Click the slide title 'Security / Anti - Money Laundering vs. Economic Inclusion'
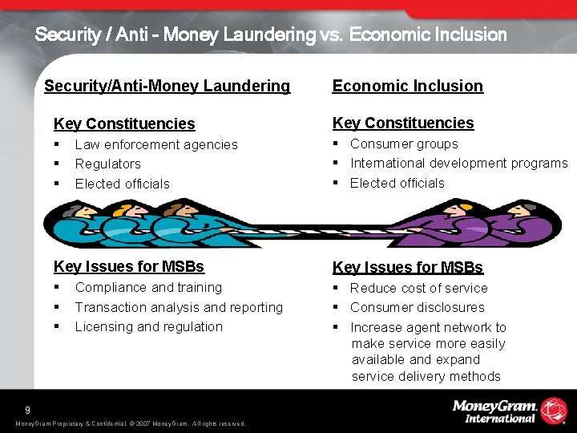coord(271,34)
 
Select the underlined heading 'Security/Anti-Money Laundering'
coord(167,86)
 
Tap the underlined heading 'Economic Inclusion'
coord(407,86)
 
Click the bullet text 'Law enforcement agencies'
coord(156,144)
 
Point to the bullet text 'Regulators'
coord(107,164)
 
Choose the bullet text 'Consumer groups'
coord(404,144)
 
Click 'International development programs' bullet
coord(458,164)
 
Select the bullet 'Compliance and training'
coord(148,287)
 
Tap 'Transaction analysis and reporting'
coord(179,307)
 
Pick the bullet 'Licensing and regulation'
coord(148,326)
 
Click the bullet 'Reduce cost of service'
coord(418,288)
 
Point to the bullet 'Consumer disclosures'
coord(417,307)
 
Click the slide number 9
coord(27,409)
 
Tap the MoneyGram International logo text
coord(494,411)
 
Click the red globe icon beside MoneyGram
coord(553,410)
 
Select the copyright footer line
coord(130,423)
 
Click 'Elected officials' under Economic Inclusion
coord(397,183)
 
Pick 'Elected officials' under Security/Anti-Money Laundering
coord(122,184)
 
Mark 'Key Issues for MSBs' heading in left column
coord(128,266)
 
